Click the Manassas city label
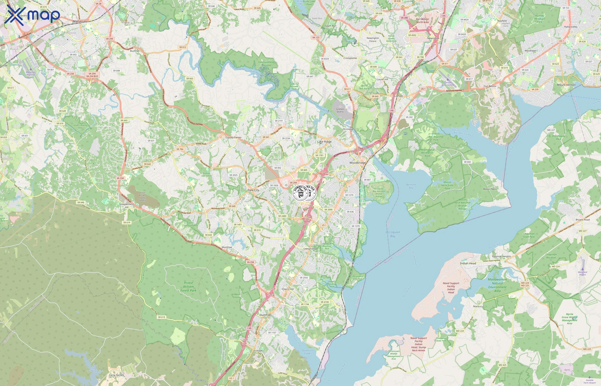80,21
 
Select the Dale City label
253,190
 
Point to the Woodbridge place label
357,163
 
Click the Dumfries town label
265,315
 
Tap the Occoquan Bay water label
393,234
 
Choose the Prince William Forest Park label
188,286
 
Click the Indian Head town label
468,263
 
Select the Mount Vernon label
566,85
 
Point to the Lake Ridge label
324,142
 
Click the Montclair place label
227,247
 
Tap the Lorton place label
398,96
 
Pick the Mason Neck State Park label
447,185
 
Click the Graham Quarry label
340,110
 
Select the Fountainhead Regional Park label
266,65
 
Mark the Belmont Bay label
411,186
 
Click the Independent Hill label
126,205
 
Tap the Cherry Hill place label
288,289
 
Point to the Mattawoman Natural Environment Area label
497,285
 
